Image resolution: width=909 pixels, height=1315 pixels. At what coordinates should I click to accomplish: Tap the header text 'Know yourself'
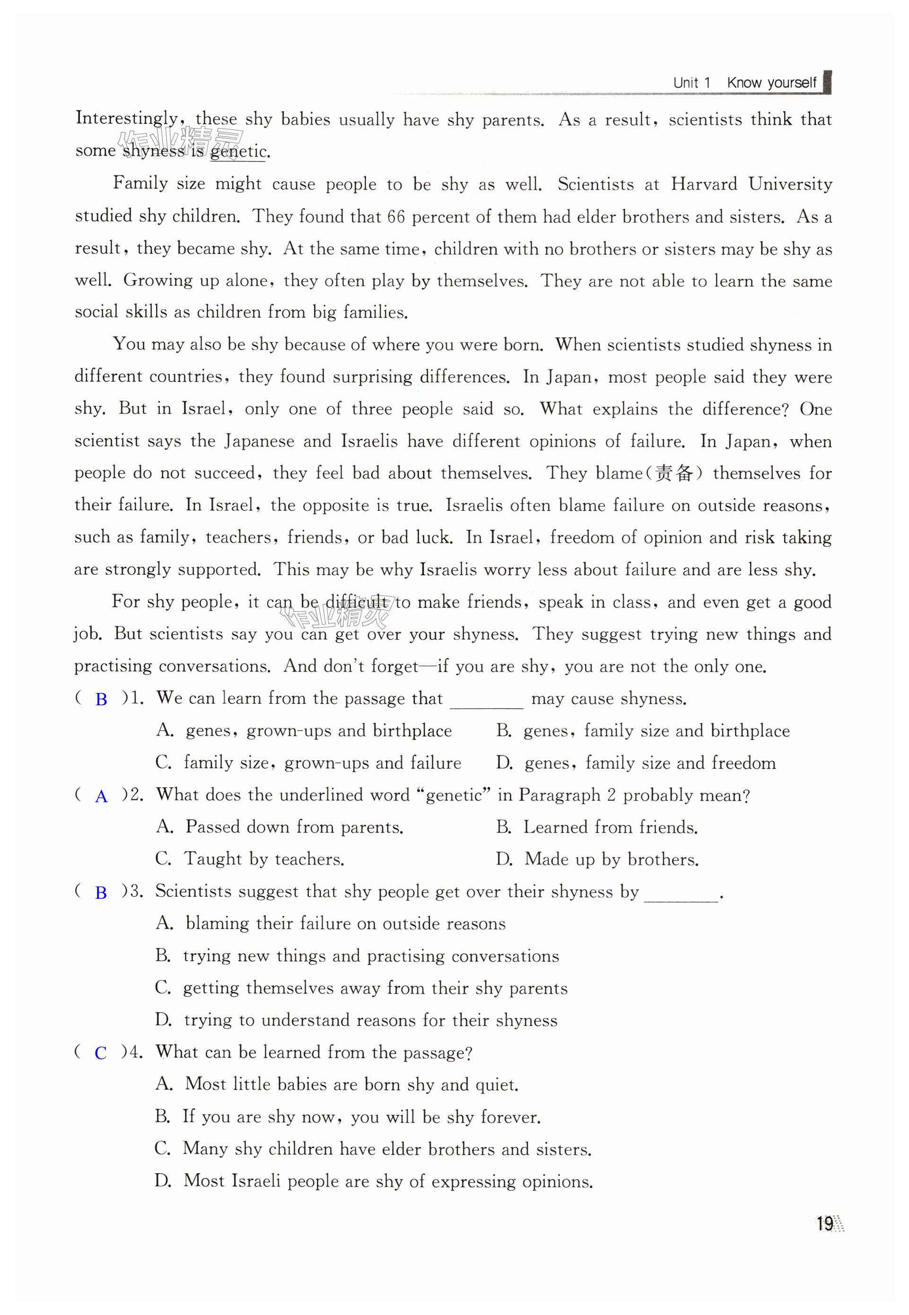pos(771,83)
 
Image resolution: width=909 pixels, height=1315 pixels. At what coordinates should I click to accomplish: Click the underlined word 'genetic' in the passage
pos(237,151)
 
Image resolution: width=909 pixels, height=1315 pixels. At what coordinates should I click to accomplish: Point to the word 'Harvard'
pos(703,184)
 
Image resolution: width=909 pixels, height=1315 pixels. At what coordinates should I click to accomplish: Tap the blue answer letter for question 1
pos(101,699)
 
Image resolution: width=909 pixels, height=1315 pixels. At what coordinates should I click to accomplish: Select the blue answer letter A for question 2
pos(101,796)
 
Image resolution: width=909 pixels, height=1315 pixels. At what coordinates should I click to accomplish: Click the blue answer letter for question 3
pos(101,893)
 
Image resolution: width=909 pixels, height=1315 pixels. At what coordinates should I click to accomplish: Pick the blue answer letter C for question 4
pos(101,1053)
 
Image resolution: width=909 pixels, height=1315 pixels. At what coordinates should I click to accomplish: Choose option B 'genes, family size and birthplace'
pos(642,731)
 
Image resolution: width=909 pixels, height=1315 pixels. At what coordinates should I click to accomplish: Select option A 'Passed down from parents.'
pos(280,827)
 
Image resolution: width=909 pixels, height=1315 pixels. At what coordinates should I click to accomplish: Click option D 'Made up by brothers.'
pos(597,859)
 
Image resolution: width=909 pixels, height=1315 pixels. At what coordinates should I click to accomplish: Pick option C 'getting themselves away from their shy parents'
pos(361,988)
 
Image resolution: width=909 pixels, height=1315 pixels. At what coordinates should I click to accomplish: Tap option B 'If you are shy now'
pos(348,1117)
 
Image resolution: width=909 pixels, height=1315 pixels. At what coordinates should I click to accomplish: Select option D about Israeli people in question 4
pos(374,1181)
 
